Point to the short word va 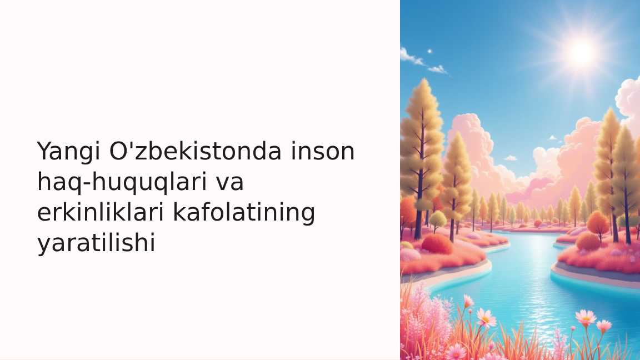(229, 182)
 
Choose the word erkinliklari (101, 212)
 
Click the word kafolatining (244, 212)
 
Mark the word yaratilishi (96, 243)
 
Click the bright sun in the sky (582, 52)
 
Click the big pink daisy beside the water (486, 317)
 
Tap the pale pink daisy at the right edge (603, 326)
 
